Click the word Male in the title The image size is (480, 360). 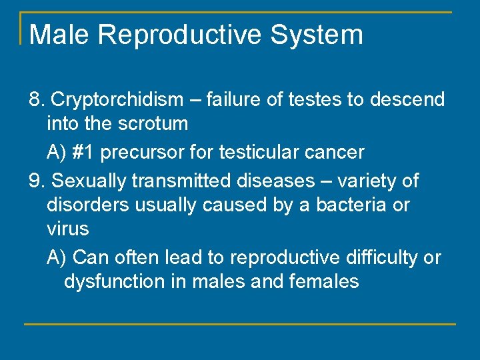tap(58, 35)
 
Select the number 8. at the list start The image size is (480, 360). tap(37, 100)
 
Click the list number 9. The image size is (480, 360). tap(37, 181)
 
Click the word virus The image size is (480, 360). tap(67, 229)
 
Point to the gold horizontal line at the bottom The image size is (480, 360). tap(240, 324)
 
